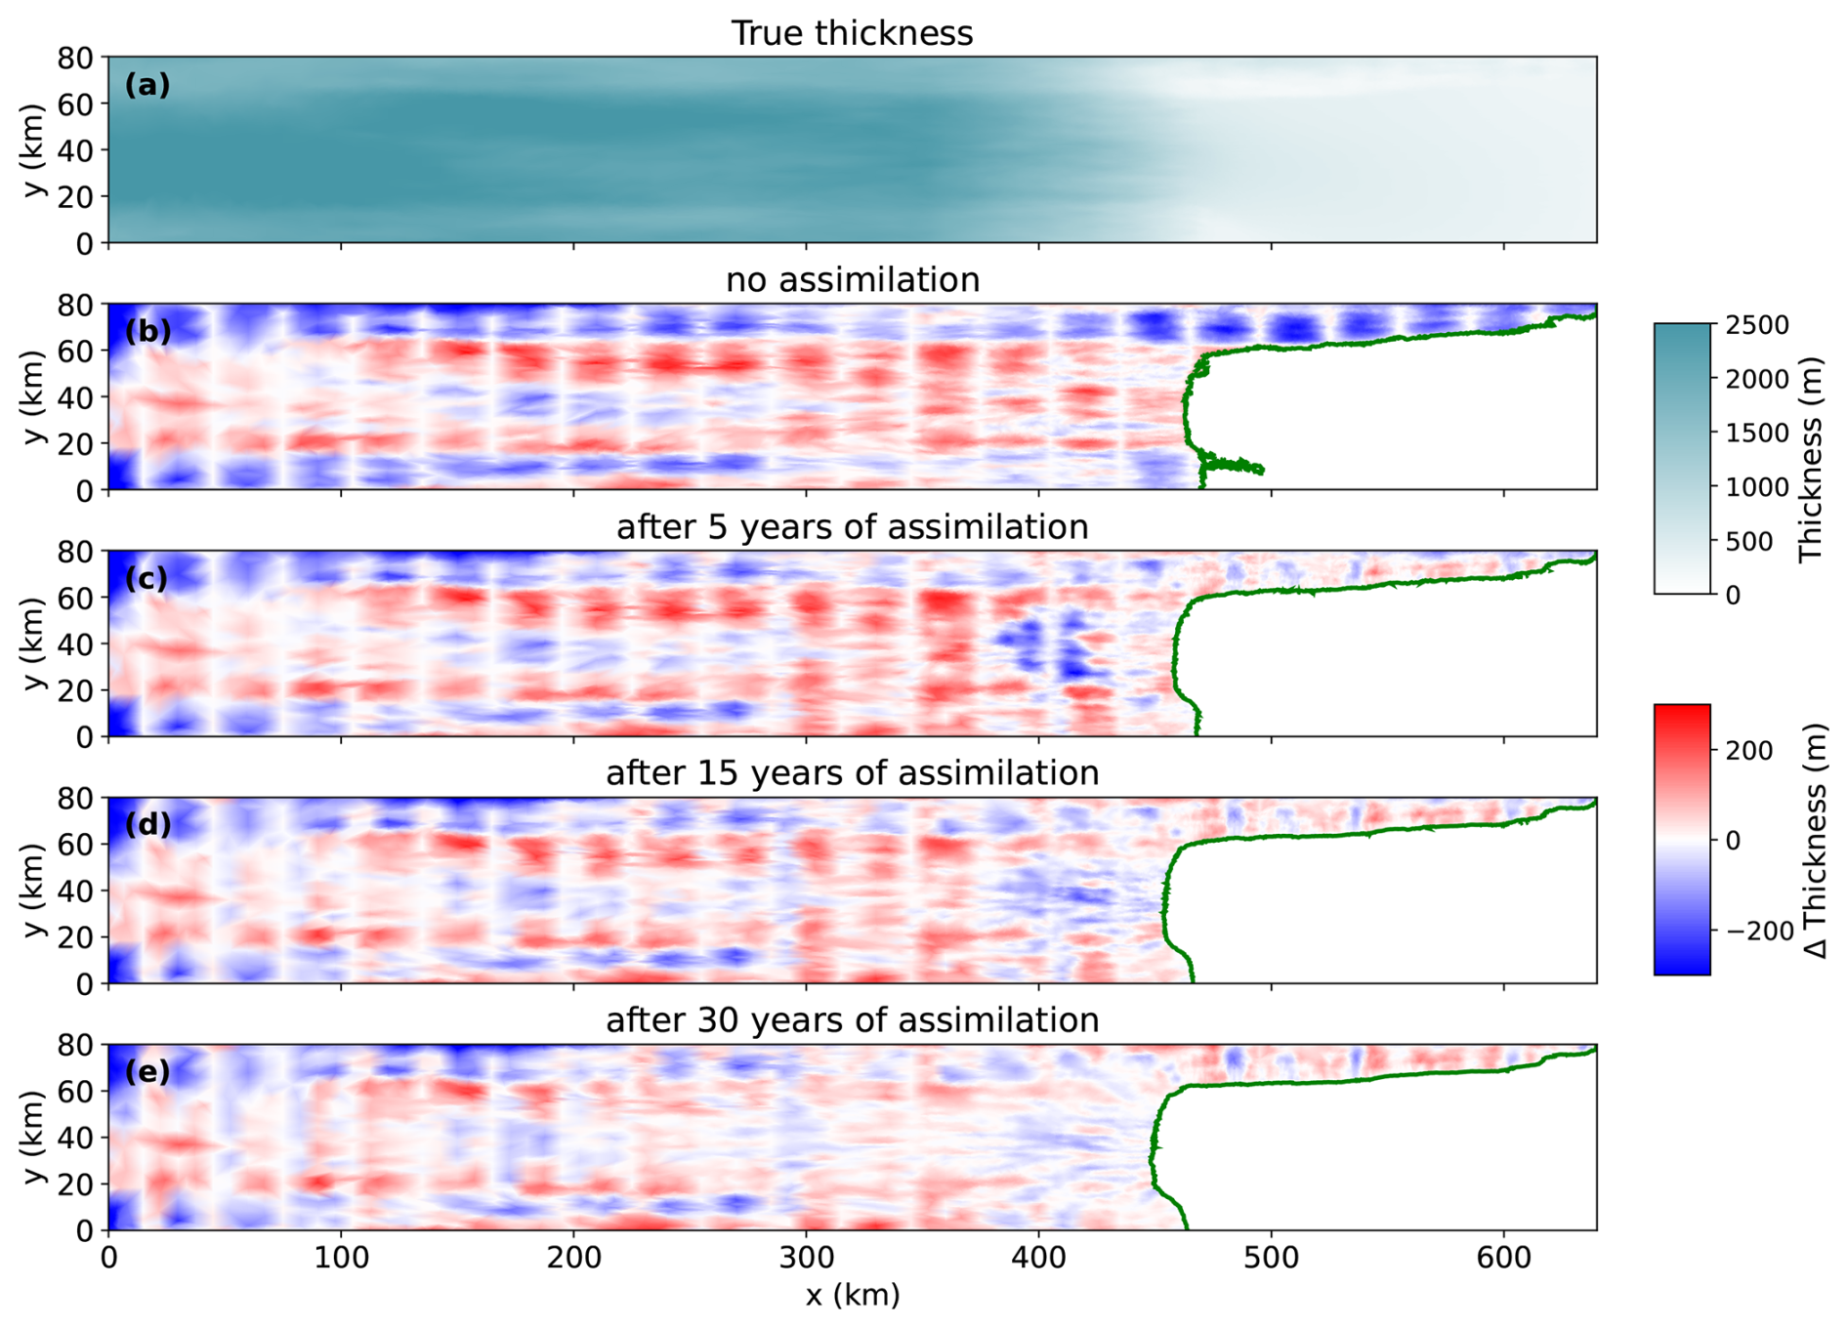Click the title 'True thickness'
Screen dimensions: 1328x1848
pyautogui.click(x=852, y=33)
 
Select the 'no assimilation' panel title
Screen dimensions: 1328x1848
pyautogui.click(x=852, y=280)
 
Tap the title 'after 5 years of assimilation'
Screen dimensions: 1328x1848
pyautogui.click(x=852, y=527)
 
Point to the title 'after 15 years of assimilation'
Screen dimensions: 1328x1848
pyautogui.click(x=852, y=773)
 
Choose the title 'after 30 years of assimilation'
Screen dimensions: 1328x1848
pyautogui.click(x=852, y=1020)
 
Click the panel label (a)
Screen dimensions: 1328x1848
pyautogui.click(x=147, y=86)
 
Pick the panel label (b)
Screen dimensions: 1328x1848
pyautogui.click(x=147, y=332)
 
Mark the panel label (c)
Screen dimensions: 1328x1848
pyautogui.click(x=147, y=579)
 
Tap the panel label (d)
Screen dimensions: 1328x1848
pyautogui.click(x=147, y=825)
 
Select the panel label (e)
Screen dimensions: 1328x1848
pyautogui.click(x=147, y=1072)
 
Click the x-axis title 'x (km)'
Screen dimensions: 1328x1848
pyautogui.click(x=852, y=1295)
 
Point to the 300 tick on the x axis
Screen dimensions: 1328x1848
pyautogui.click(x=806, y=1257)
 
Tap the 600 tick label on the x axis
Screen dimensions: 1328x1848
pyautogui.click(x=1503, y=1257)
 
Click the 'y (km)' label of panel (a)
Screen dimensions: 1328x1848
pyautogui.click(x=35, y=149)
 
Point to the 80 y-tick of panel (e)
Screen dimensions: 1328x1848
pyautogui.click(x=76, y=1046)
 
